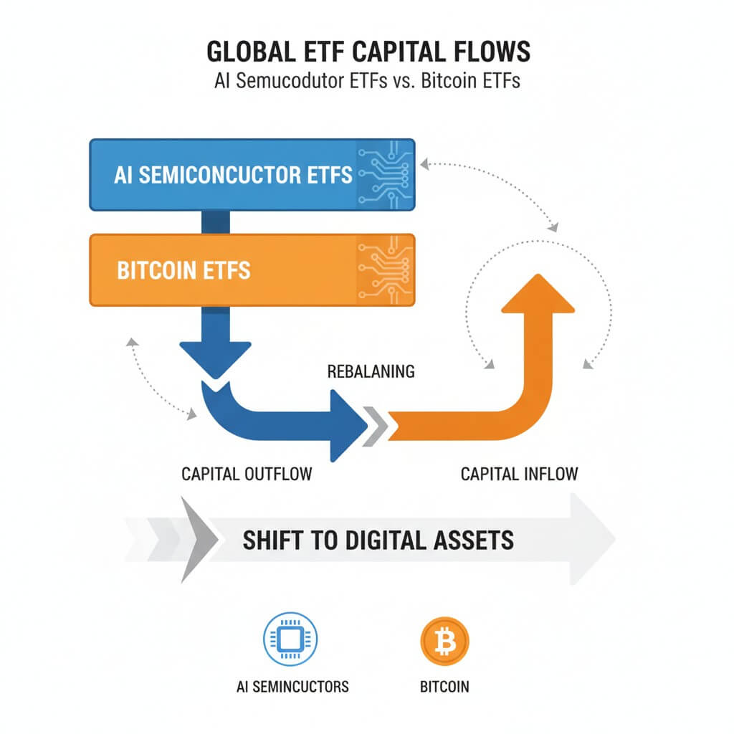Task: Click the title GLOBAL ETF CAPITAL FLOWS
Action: click(367, 53)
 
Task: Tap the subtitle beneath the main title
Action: click(367, 80)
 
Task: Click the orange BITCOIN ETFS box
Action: click(215, 270)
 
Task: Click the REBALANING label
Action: click(371, 372)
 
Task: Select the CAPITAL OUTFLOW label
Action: click(247, 475)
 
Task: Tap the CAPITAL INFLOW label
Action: click(519, 475)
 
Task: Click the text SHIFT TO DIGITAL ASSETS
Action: click(378, 540)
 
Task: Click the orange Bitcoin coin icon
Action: click(445, 637)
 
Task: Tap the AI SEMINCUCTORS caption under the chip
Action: click(292, 687)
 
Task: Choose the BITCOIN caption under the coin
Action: click(444, 687)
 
